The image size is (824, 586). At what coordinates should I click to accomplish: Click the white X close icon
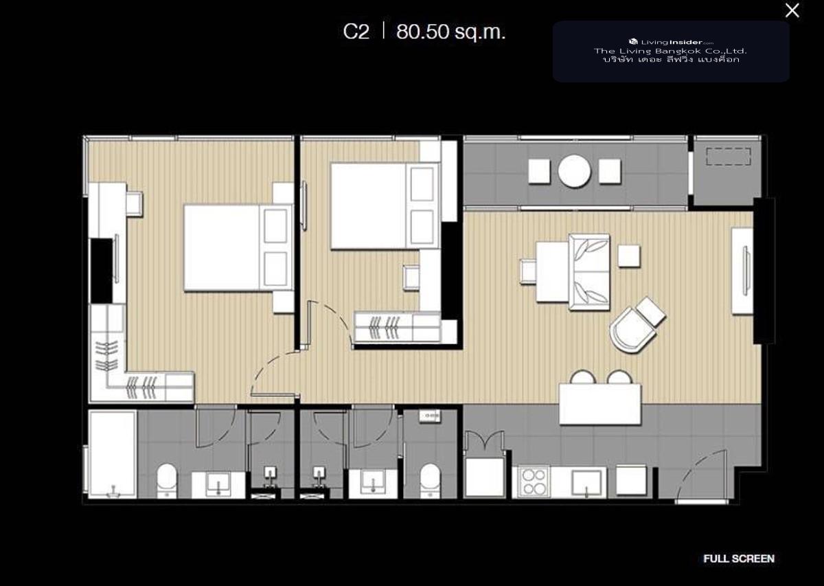pyautogui.click(x=792, y=11)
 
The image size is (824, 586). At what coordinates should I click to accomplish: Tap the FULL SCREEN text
pyautogui.click(x=739, y=559)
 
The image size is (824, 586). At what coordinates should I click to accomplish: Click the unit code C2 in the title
pyautogui.click(x=356, y=32)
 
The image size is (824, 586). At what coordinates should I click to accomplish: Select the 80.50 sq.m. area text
pyautogui.click(x=451, y=32)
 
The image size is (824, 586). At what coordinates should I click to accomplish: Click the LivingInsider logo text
pyautogui.click(x=672, y=43)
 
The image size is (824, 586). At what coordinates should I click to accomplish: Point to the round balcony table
pyautogui.click(x=574, y=171)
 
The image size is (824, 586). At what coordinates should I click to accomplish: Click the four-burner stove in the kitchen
pyautogui.click(x=534, y=482)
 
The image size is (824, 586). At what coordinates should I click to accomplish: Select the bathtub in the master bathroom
pyautogui.click(x=113, y=455)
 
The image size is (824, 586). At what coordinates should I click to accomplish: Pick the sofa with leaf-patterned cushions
pyautogui.click(x=589, y=271)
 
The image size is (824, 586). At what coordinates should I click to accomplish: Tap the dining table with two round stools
pyautogui.click(x=600, y=404)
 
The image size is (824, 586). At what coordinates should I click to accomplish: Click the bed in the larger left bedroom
pyautogui.click(x=238, y=248)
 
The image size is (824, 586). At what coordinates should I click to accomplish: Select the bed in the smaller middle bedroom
pyautogui.click(x=385, y=206)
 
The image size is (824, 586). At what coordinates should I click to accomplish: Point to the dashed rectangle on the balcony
pyautogui.click(x=728, y=157)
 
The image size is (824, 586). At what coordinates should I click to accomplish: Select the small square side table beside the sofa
pyautogui.click(x=629, y=256)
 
